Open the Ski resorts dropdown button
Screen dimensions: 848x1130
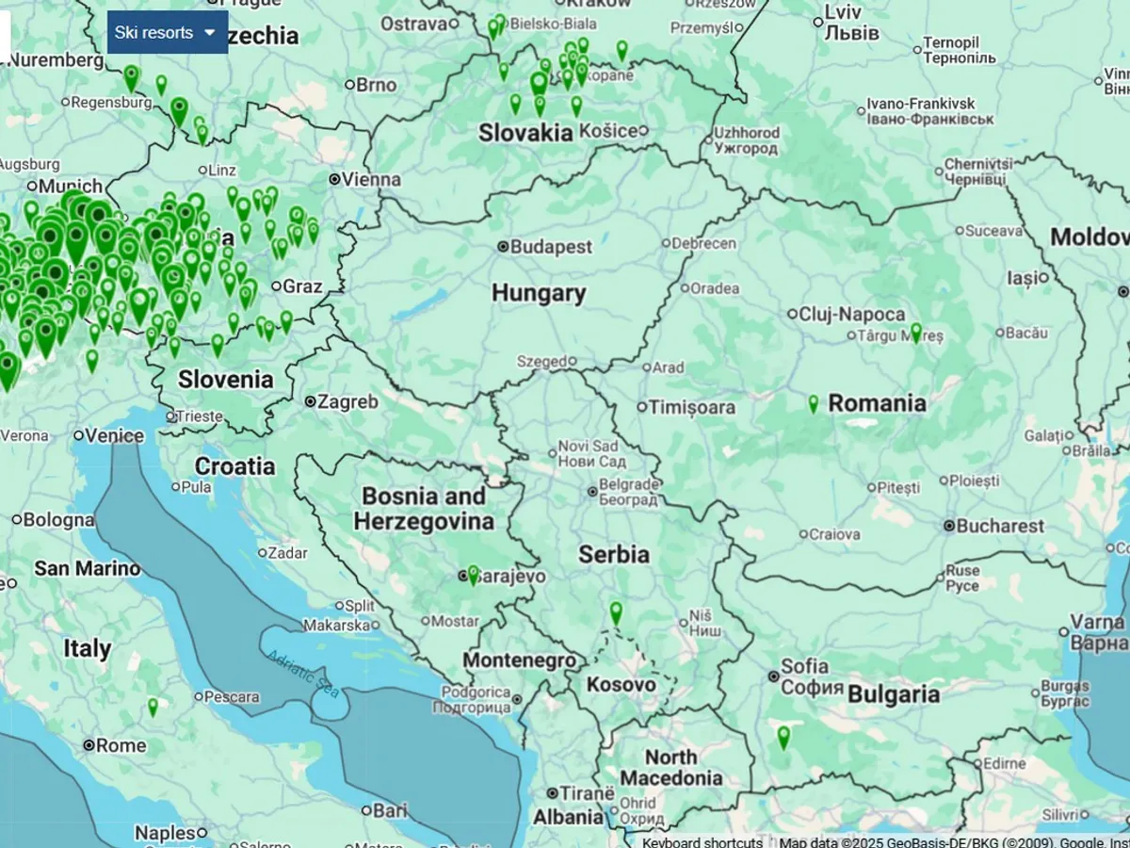(167, 33)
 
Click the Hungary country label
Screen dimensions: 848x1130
(539, 293)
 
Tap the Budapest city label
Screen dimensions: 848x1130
(552, 247)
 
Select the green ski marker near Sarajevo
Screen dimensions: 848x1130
(473, 575)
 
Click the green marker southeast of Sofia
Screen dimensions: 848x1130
(783, 737)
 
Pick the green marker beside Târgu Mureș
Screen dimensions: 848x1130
(915, 332)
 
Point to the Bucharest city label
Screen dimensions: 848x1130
(1001, 526)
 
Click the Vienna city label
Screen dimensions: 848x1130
(371, 179)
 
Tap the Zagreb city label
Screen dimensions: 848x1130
(347, 401)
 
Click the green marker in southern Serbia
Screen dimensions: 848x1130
(616, 612)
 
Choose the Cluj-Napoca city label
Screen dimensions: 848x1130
(852, 314)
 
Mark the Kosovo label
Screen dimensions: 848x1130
(621, 685)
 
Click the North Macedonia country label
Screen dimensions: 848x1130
(671, 768)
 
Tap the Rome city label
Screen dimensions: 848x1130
(121, 745)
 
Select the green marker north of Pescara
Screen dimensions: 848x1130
(153, 707)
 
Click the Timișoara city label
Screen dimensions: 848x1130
(692, 407)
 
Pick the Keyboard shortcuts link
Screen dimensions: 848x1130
(702, 841)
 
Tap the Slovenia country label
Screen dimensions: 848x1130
(226, 380)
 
